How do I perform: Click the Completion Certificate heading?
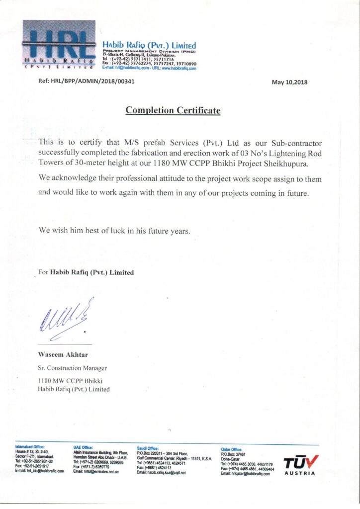point(173,110)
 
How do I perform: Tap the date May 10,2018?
point(289,82)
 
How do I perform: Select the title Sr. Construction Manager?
point(72,368)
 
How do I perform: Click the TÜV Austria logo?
point(300,465)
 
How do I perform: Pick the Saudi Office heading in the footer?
point(148,447)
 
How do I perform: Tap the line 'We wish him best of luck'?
point(114,230)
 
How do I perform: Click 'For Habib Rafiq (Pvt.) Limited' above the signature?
point(86,272)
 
